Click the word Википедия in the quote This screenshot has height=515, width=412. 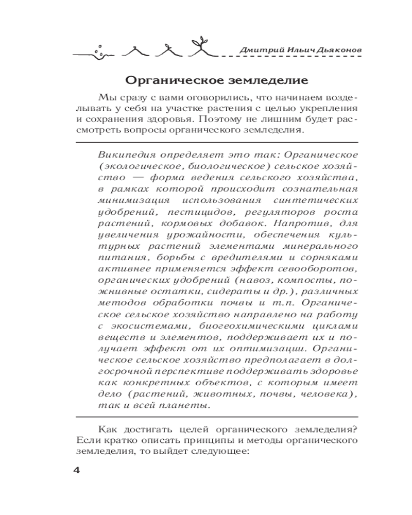pyautogui.click(x=120, y=155)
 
